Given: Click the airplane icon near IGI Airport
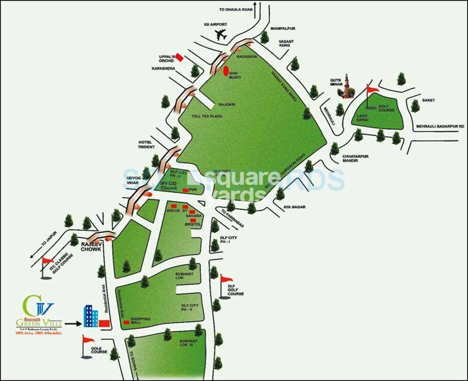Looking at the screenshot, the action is point(221,35).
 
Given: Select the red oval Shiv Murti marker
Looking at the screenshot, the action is point(226,71).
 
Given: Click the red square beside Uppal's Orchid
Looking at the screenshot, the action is point(180,57).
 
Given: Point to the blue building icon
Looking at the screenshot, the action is point(90,316).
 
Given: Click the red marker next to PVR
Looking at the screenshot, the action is point(185,189).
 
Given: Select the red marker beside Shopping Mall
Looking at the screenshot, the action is point(126,322).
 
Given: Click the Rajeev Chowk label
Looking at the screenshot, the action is point(91,246).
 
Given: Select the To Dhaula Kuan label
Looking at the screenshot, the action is point(236,10).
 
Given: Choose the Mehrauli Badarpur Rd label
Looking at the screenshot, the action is point(437,127).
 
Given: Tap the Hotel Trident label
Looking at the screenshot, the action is point(146,143).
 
